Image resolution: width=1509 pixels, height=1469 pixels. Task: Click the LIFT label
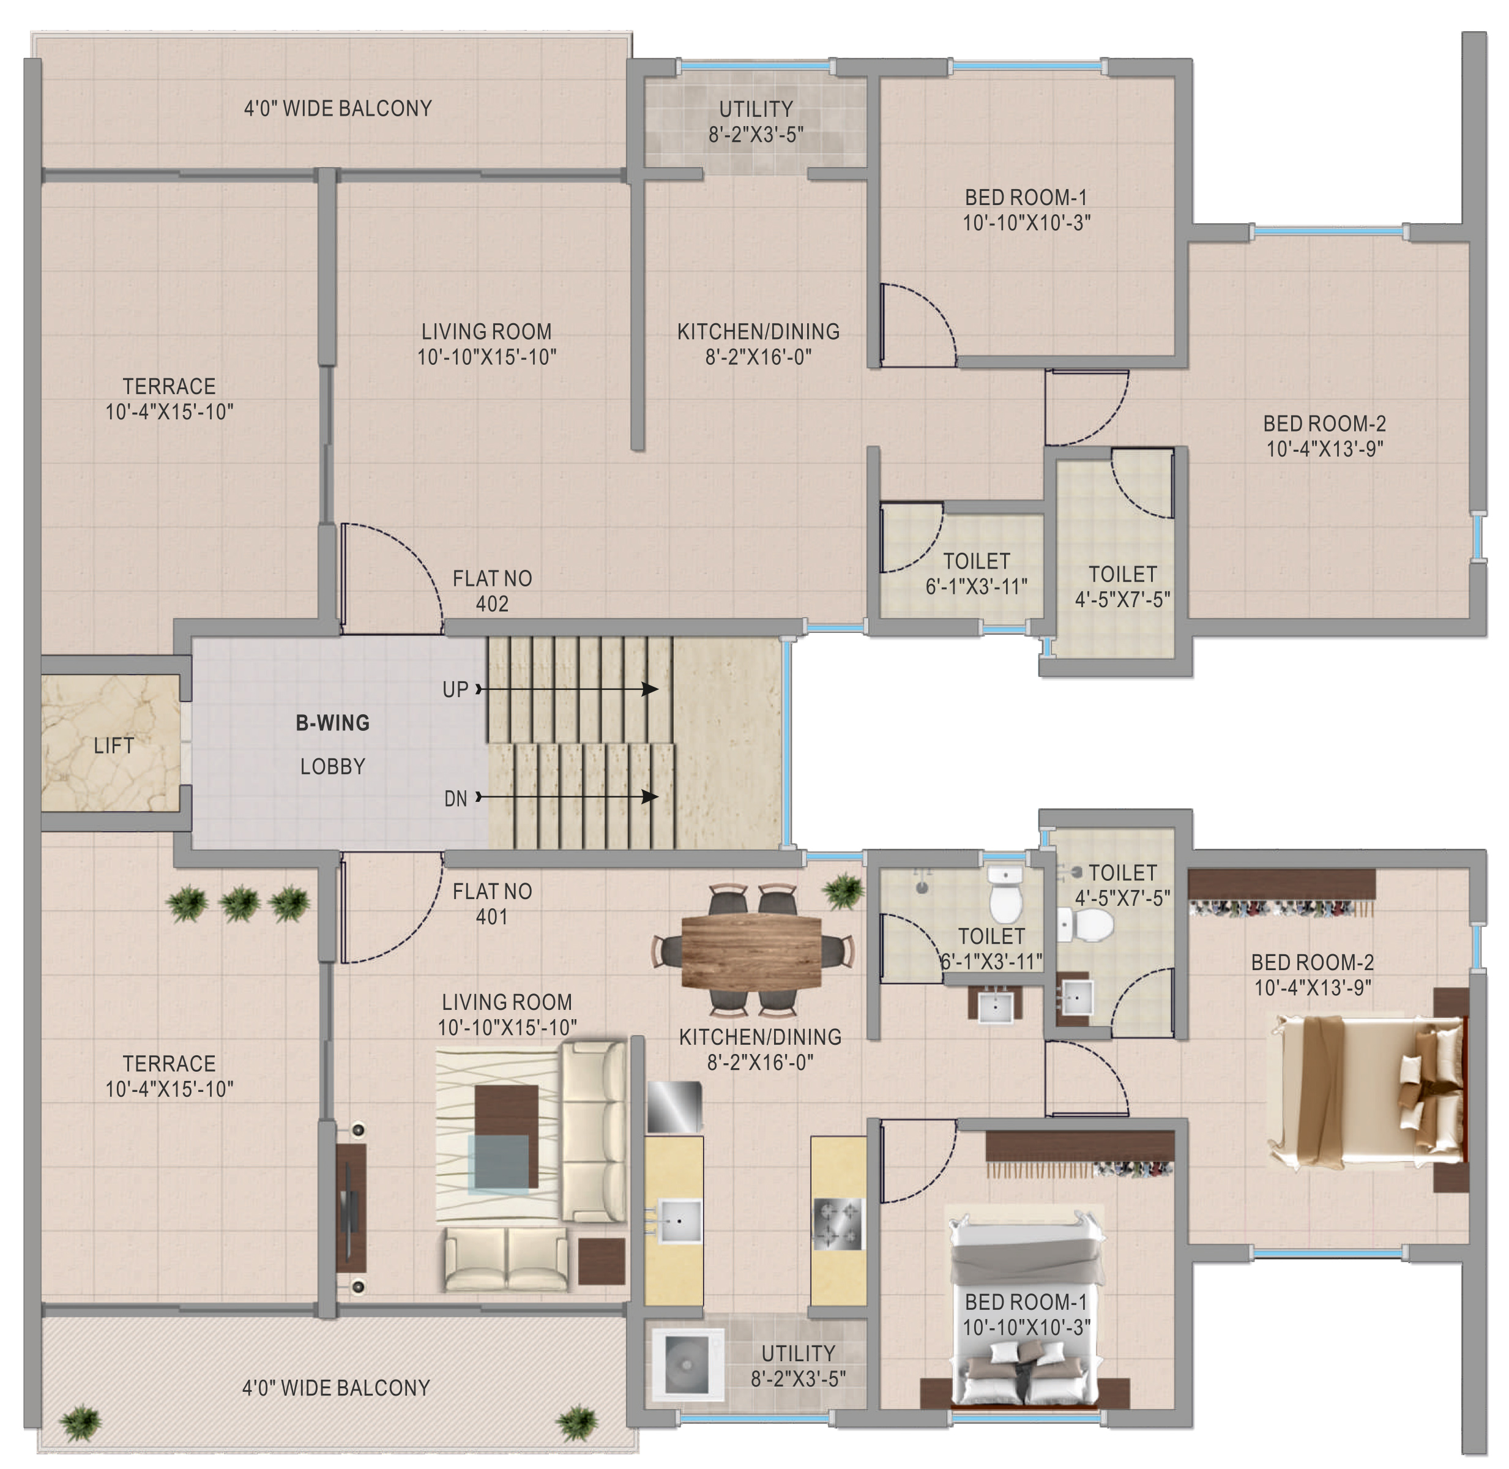click(113, 746)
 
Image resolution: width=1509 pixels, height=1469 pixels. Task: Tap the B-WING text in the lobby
click(332, 723)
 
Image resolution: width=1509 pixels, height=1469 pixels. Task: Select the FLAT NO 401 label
click(492, 903)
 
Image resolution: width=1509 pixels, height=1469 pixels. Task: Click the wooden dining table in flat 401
click(751, 951)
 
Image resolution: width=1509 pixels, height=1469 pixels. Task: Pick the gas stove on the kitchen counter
click(838, 1224)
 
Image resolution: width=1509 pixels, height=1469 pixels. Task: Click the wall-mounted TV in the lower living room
click(349, 1208)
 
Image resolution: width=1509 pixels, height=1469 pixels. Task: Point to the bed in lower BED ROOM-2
click(1366, 1090)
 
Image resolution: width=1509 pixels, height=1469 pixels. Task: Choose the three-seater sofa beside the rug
click(592, 1131)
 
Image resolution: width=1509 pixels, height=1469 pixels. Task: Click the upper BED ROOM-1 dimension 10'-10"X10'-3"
click(1026, 223)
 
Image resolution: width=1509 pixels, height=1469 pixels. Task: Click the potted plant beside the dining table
click(843, 891)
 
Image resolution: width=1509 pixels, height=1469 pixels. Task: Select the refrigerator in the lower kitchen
click(674, 1107)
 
